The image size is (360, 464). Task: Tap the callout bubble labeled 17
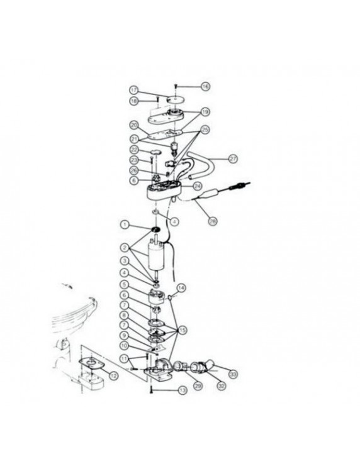tap(134, 90)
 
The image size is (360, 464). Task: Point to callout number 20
tap(134, 124)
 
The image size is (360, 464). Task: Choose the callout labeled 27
tap(233, 160)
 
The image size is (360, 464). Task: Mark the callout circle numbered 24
tap(197, 186)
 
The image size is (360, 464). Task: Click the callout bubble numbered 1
tap(125, 224)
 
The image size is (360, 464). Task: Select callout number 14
tap(182, 288)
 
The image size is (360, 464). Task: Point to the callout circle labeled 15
tap(183, 329)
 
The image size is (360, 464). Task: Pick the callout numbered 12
tap(113, 375)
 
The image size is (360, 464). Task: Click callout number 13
tap(183, 390)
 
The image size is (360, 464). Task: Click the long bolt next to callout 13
tap(153, 390)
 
